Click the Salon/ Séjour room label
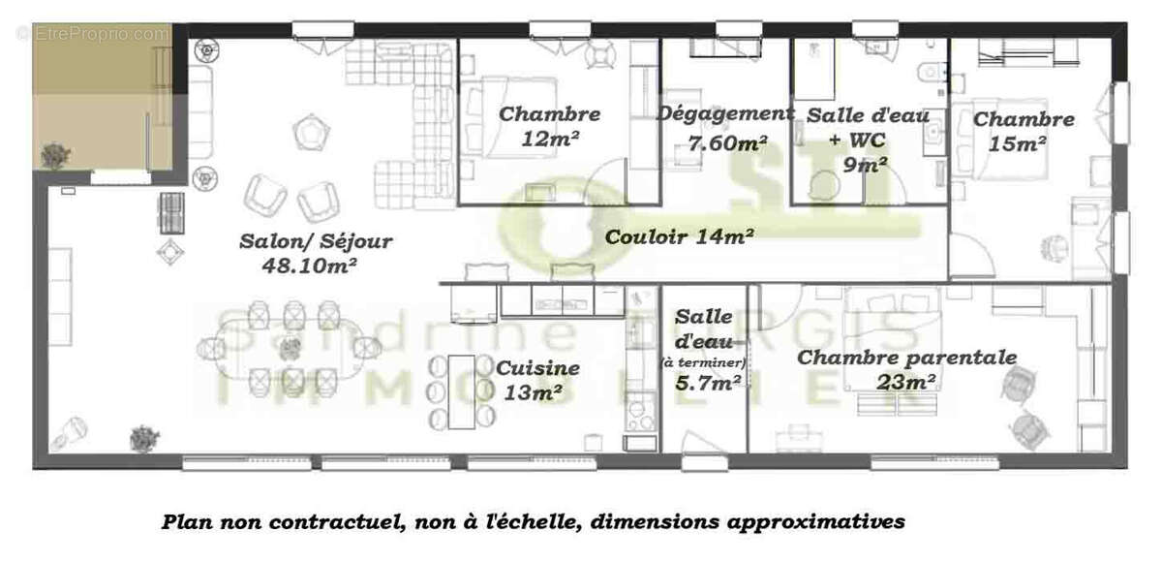click(316, 241)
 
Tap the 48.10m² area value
click(309, 264)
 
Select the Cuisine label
click(537, 368)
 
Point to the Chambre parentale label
click(906, 358)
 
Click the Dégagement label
click(725, 113)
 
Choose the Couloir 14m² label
click(680, 235)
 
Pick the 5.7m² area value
click(707, 382)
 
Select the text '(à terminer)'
click(703, 362)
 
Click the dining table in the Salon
click(290, 347)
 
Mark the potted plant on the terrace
click(55, 152)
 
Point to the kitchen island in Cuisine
click(461, 390)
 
